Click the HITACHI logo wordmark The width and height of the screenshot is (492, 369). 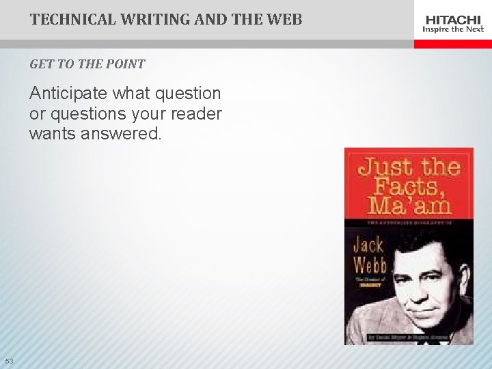pos(453,20)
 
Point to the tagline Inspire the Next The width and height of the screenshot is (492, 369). pos(453,29)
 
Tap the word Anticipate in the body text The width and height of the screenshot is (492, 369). pos(70,94)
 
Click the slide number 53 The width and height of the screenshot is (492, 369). pos(9,361)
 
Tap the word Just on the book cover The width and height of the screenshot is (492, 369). pos(386,167)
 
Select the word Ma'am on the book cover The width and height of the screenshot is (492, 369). pos(408,205)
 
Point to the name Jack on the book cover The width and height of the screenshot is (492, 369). pos(369,243)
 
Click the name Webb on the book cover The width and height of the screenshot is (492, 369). pos(370,264)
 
